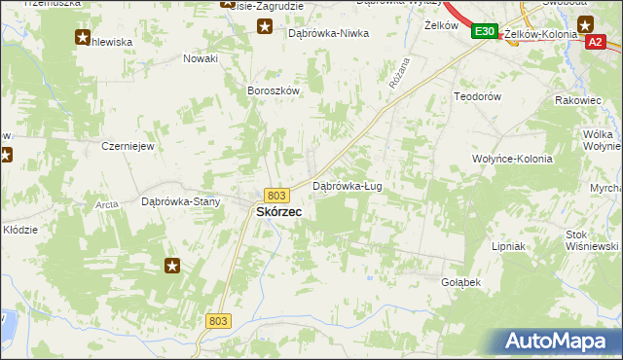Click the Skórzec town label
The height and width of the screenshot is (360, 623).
click(x=278, y=212)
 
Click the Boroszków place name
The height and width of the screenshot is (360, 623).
click(x=273, y=90)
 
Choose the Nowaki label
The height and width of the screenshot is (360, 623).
click(x=200, y=58)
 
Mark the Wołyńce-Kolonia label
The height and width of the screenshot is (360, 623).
click(x=512, y=159)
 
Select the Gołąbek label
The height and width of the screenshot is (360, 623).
click(x=461, y=282)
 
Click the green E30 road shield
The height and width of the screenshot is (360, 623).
click(x=485, y=33)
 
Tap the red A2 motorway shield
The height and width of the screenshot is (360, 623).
click(x=596, y=41)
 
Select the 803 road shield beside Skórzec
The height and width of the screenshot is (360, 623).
click(x=276, y=196)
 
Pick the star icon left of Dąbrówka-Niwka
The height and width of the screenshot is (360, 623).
click(x=264, y=26)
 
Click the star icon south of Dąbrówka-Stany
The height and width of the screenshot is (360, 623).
click(x=173, y=265)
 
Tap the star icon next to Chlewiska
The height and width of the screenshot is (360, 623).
click(x=82, y=38)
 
